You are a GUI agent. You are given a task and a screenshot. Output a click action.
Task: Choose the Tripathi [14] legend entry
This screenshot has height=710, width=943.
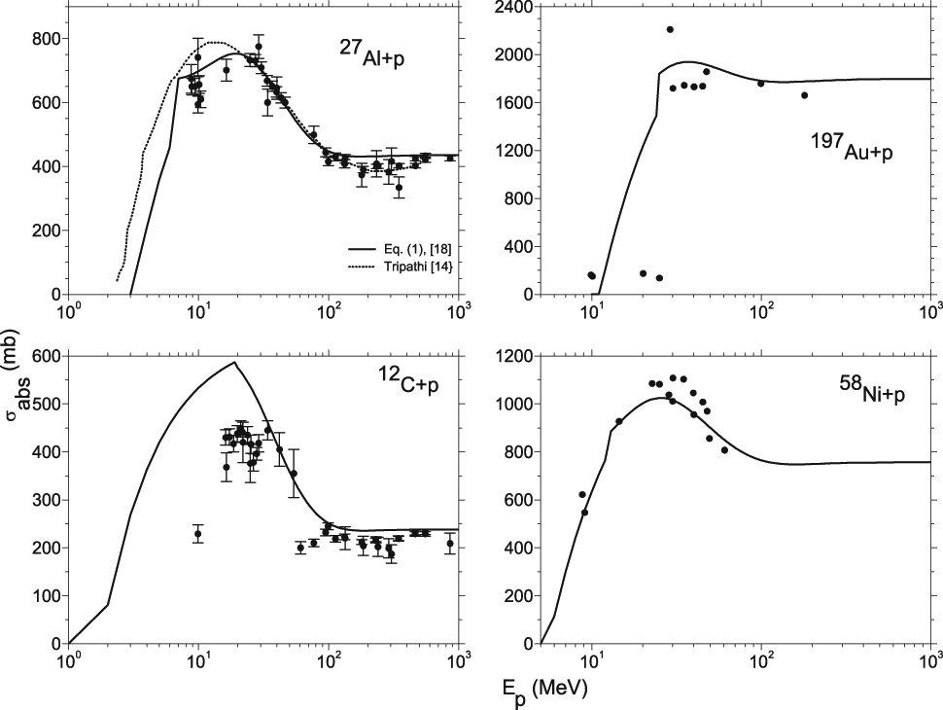pyautogui.click(x=393, y=266)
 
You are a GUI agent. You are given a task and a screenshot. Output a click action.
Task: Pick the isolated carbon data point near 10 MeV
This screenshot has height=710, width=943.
pyautogui.click(x=197, y=534)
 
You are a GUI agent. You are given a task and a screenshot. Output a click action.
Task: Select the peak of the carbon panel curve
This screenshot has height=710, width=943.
pyautogui.click(x=234, y=363)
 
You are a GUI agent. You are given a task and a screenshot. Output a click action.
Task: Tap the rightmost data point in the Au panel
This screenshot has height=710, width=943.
pyautogui.click(x=804, y=95)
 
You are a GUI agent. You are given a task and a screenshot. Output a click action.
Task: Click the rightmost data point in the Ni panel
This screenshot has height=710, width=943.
pyautogui.click(x=724, y=449)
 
